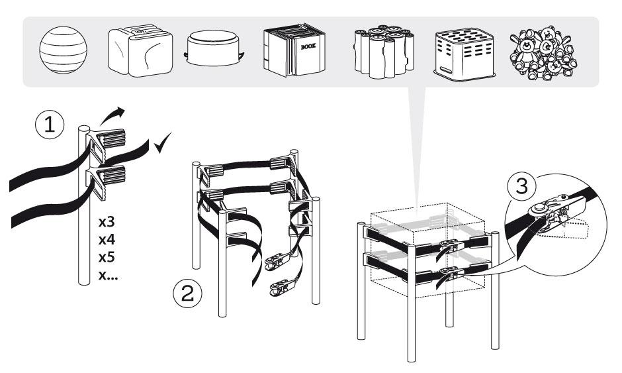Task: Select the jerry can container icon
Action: click(137, 52)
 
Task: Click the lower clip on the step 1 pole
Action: click(108, 179)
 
